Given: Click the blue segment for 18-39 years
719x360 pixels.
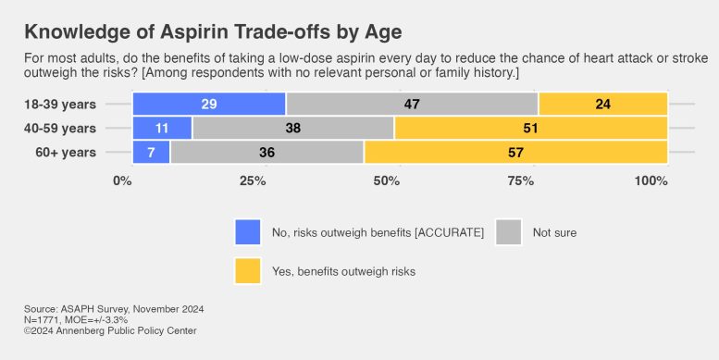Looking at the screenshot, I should tap(209, 105).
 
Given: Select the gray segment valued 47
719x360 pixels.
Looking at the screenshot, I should tap(412, 105).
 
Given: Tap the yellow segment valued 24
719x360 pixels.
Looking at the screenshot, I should tap(602, 105).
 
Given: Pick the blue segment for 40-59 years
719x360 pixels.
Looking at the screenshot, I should tap(162, 129).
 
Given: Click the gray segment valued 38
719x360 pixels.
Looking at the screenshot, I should tap(292, 129).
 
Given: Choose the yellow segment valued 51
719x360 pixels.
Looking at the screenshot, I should tap(531, 129).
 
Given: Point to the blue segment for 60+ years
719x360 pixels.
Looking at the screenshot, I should tap(151, 152).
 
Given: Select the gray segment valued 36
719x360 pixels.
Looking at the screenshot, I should tap(267, 152).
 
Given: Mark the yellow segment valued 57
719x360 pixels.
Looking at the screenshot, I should tap(515, 152).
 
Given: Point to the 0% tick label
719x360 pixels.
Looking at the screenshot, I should tap(122, 180).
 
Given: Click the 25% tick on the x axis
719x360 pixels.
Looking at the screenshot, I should tap(254, 180).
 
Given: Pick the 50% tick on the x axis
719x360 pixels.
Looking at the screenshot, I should tap(387, 180).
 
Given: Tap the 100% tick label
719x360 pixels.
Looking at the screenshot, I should tap(651, 180).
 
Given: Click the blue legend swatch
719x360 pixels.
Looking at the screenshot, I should tap(248, 232).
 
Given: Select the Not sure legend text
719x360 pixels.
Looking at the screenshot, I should tap(554, 232).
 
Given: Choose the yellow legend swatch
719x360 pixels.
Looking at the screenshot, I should tap(248, 271).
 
